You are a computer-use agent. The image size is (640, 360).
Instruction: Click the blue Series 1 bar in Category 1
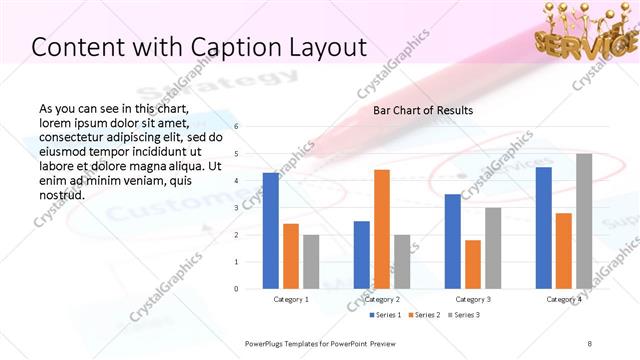pos(270,231)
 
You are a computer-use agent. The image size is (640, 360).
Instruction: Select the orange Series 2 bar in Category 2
pos(381,229)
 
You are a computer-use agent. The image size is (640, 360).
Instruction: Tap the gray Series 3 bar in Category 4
pos(584,221)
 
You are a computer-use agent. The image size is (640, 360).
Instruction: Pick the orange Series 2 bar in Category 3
pos(472,264)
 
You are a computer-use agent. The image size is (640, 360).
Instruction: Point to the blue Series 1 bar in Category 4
pos(544,228)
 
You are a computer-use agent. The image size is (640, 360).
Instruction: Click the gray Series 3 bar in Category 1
pos(311,262)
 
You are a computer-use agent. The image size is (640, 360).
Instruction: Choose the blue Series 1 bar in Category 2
pos(361,255)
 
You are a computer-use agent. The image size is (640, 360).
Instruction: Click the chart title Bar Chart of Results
pos(423,110)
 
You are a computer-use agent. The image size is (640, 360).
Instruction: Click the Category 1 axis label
pos(291,299)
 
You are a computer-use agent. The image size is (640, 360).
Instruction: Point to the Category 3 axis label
pos(472,299)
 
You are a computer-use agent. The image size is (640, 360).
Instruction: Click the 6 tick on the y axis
pos(237,127)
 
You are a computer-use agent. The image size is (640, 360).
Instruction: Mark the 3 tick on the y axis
pos(237,208)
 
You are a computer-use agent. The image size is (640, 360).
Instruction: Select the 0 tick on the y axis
pos(237,289)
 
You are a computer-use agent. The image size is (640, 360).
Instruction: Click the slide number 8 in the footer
pos(589,343)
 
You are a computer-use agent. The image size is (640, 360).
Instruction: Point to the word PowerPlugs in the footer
pos(268,343)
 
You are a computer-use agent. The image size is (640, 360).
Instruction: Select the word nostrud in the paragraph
pos(61,194)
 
